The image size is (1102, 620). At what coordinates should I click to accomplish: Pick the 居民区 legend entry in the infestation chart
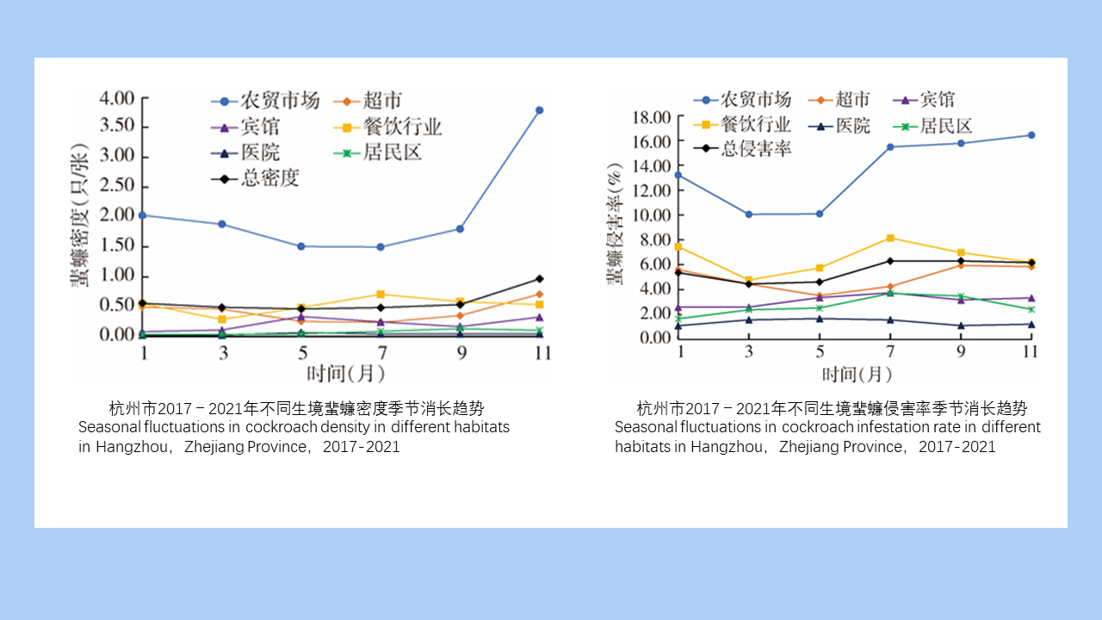point(945,126)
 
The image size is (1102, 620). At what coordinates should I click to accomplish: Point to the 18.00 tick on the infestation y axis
point(651,117)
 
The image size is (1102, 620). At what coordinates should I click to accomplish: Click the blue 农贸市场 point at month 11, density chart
point(539,110)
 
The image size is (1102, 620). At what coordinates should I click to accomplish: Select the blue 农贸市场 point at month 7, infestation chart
point(890,146)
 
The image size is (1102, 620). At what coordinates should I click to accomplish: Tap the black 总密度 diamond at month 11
point(539,278)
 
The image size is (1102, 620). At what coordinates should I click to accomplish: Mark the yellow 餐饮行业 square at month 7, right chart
point(890,238)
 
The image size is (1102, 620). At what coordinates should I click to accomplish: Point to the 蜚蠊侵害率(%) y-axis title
point(616,223)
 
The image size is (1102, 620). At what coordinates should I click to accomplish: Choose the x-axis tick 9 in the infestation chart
point(961,352)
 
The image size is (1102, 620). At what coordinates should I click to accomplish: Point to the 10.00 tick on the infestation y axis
point(651,214)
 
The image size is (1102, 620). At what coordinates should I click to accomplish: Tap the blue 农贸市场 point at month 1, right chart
point(679,175)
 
